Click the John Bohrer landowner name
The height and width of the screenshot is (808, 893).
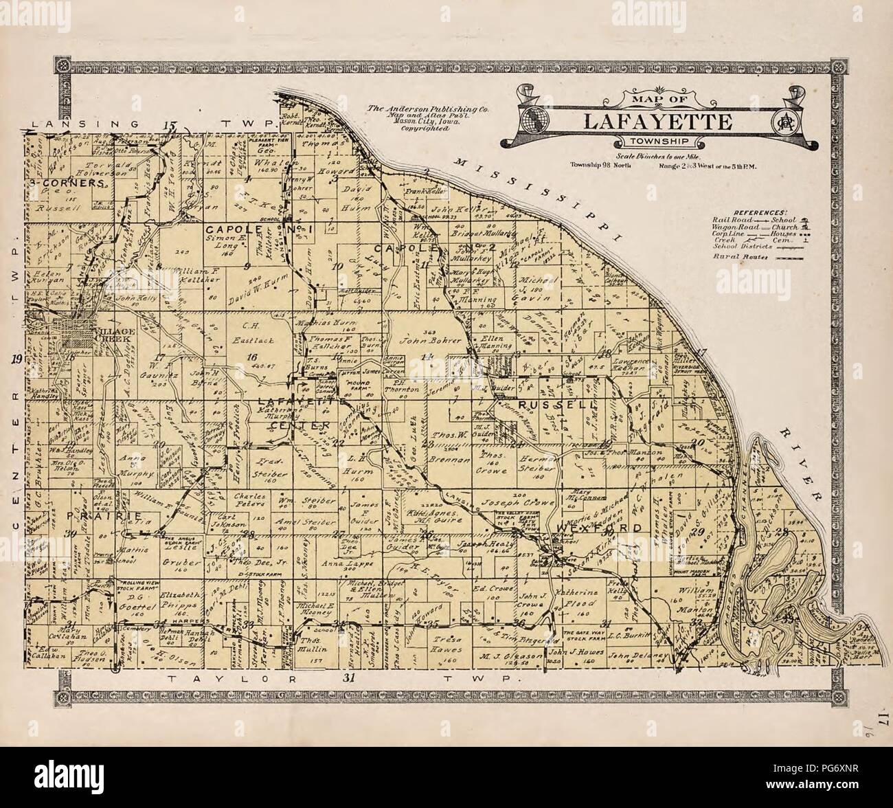[418, 339]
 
